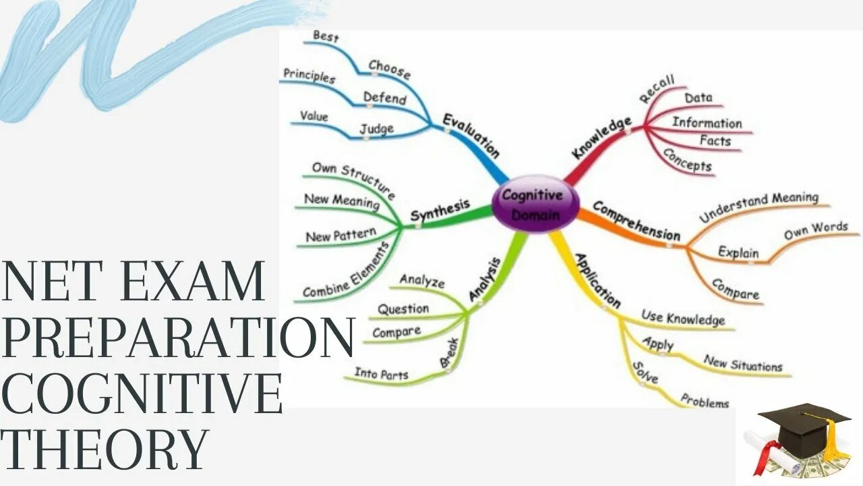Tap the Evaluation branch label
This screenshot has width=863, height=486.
[x=471, y=136]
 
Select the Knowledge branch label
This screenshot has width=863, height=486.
[x=601, y=138]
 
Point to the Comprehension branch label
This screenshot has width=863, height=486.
[x=636, y=221]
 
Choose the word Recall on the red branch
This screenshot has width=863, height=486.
[x=657, y=90]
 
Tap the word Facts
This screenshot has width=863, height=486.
[x=715, y=141]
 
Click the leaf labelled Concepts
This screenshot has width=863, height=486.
[x=687, y=159]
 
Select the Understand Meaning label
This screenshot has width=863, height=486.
[x=758, y=207]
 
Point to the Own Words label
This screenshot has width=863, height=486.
[x=815, y=230]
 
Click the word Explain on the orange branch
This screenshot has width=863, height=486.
[x=738, y=252]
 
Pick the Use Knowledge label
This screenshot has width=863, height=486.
[x=683, y=317]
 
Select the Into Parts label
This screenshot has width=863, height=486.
[x=382, y=373]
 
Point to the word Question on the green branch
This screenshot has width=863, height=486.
[x=403, y=309]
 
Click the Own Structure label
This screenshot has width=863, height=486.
[x=353, y=178]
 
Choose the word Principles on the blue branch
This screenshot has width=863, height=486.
[x=309, y=76]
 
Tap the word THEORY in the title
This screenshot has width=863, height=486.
[x=105, y=448]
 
